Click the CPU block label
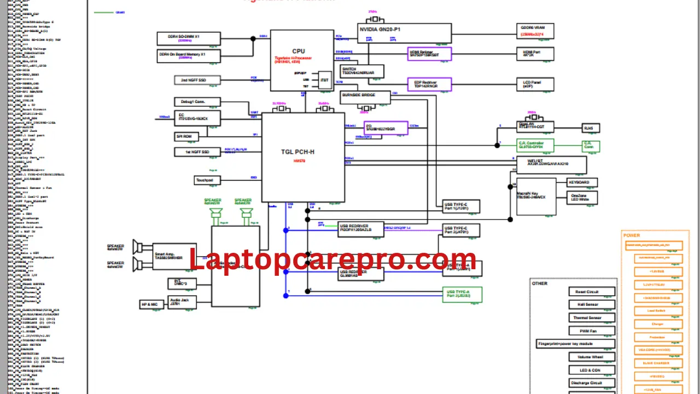299,51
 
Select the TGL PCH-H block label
297,152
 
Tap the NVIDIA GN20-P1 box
405,33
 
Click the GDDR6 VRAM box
536,31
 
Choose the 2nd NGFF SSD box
197,80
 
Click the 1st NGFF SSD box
197,152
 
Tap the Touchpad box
207,180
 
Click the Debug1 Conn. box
197,102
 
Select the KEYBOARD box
582,182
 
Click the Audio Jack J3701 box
182,300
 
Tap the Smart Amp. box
174,256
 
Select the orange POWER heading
632,235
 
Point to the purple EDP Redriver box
430,84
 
